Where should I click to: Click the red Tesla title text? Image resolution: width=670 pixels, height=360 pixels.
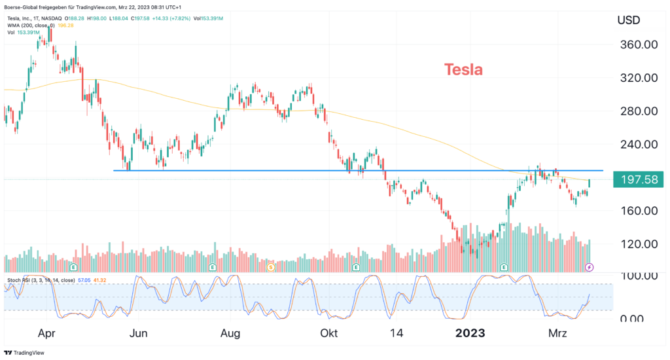click(x=463, y=69)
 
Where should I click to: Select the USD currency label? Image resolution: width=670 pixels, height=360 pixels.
click(x=630, y=20)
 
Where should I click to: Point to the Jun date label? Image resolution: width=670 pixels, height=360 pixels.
click(x=138, y=333)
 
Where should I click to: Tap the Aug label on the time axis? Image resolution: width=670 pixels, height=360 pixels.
click(x=231, y=333)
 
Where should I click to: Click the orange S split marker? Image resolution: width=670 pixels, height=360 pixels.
click(x=271, y=267)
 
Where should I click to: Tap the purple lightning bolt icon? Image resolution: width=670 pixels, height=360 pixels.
click(x=589, y=267)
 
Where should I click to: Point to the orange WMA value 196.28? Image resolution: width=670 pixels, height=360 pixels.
click(x=65, y=25)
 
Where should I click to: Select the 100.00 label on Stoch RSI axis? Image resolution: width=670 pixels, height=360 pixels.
click(x=635, y=276)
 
